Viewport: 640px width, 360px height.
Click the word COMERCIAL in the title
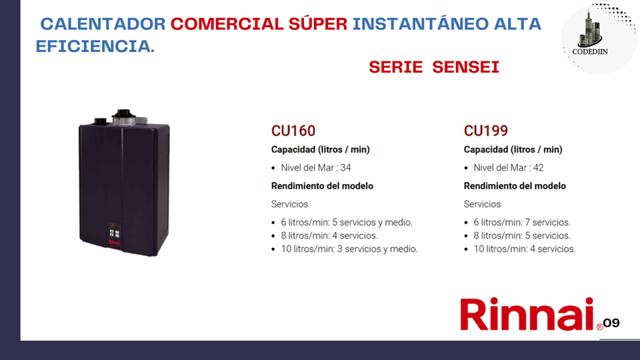(x=227, y=24)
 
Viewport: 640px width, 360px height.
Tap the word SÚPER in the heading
(x=318, y=23)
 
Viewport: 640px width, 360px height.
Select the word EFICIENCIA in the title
(x=95, y=46)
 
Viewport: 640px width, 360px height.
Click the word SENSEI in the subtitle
(x=466, y=67)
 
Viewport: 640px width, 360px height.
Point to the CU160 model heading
(x=293, y=131)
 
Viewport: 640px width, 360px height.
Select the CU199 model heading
(x=486, y=131)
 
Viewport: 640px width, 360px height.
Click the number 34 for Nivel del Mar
(x=346, y=168)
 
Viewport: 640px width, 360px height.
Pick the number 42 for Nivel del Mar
(x=539, y=168)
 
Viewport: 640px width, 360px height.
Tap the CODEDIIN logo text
(x=590, y=52)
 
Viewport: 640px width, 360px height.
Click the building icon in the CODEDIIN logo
(x=590, y=29)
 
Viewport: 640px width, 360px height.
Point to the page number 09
(x=611, y=323)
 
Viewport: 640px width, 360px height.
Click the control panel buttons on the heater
(x=114, y=233)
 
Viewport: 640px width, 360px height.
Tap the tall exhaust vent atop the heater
(x=123, y=117)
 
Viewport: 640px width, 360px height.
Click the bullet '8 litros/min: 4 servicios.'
(x=329, y=235)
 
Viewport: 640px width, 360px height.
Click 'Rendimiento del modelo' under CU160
(x=322, y=186)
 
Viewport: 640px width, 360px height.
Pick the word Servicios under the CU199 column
(x=482, y=204)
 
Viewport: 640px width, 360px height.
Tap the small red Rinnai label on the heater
(x=115, y=242)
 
